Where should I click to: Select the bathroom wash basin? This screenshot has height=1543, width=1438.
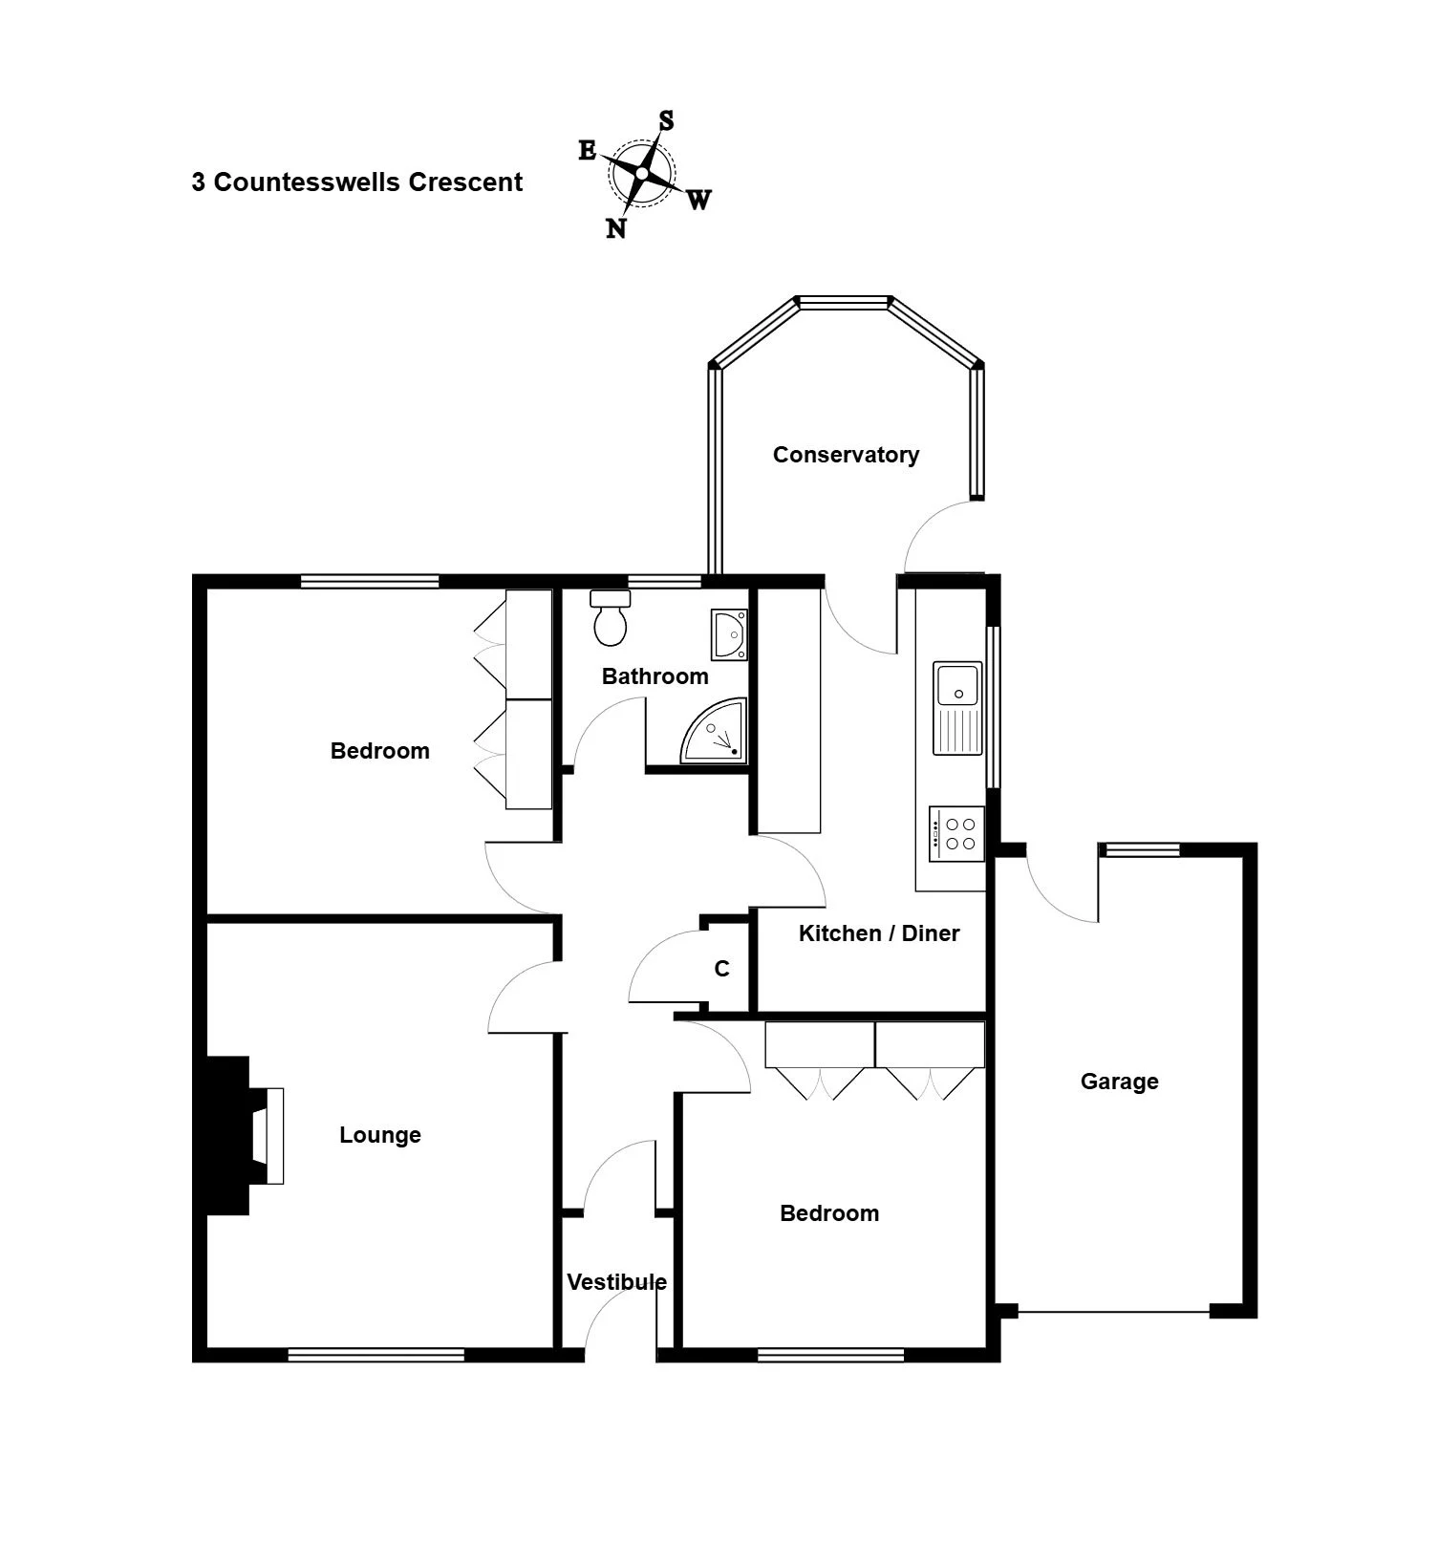click(728, 635)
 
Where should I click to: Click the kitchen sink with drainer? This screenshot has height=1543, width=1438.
click(957, 707)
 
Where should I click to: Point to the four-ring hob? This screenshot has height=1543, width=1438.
click(956, 834)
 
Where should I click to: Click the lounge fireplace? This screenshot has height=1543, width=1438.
click(239, 1135)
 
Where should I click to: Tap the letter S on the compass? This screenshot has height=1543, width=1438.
click(666, 121)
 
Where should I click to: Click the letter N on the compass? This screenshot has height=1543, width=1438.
click(616, 228)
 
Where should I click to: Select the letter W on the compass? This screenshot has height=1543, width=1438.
click(698, 200)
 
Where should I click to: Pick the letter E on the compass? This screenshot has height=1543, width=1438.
click(588, 151)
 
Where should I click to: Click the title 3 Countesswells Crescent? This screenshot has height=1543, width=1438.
click(357, 182)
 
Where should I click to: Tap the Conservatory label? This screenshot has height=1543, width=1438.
click(846, 455)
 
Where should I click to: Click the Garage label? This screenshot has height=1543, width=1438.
click(1119, 1082)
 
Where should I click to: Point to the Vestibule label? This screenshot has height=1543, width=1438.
click(616, 1282)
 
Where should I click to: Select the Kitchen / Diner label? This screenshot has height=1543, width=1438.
click(879, 933)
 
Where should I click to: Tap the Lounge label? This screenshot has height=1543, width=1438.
click(380, 1135)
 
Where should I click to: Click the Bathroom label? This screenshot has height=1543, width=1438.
click(655, 676)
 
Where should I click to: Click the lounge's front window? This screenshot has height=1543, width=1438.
click(376, 1354)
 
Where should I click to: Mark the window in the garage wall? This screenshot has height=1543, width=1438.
click(1139, 849)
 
